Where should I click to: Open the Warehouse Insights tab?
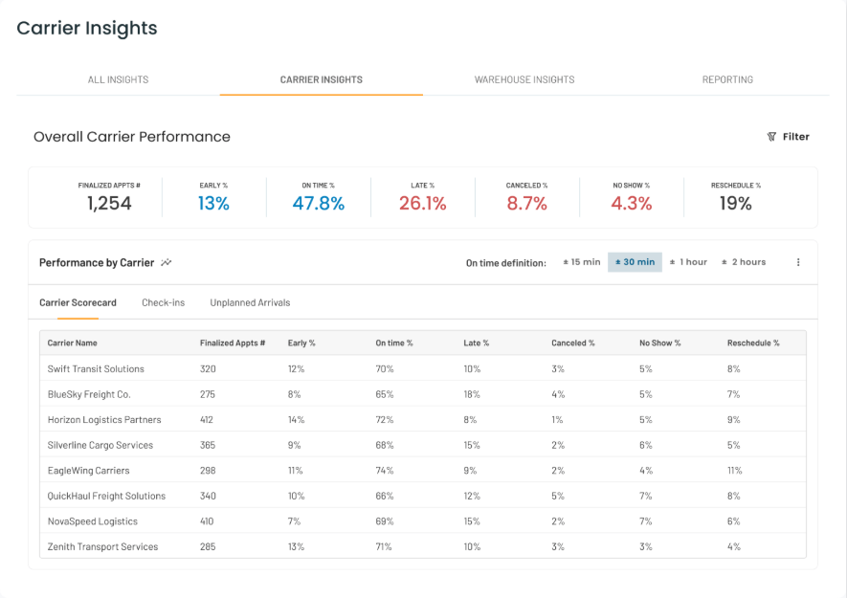[x=524, y=79]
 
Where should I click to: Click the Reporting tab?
[x=727, y=79]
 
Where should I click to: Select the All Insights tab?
[x=118, y=79]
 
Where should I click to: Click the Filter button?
[x=788, y=137]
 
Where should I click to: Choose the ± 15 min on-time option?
[x=581, y=262]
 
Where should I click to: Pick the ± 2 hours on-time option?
[x=744, y=262]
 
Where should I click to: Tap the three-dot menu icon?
[x=798, y=262]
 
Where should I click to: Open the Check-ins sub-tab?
[x=163, y=302]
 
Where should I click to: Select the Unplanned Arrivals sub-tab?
[x=250, y=302]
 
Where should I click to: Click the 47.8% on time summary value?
[x=318, y=203]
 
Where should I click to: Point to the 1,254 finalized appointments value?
[x=109, y=203]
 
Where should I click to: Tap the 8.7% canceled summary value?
[x=526, y=203]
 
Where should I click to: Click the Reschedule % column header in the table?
[x=753, y=343]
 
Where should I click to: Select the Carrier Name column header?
[x=73, y=343]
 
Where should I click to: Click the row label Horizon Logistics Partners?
[x=104, y=420]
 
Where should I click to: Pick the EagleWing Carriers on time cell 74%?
[x=385, y=471]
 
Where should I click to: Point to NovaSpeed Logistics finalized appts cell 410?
[x=208, y=521]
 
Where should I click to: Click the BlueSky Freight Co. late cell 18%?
[x=472, y=394]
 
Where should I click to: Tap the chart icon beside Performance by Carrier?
[x=167, y=262]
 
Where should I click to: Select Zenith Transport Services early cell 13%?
[x=296, y=547]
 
